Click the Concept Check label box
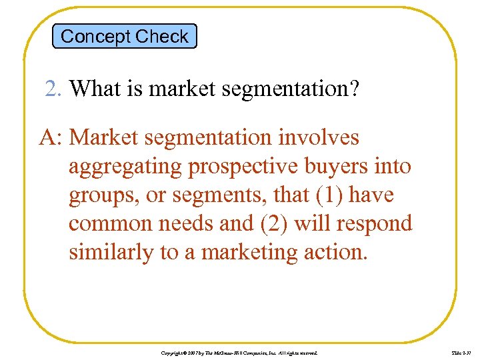(125, 36)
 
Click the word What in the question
(94, 88)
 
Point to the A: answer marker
(51, 137)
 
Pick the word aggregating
(126, 166)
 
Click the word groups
(100, 195)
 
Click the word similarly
(111, 253)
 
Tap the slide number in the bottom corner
(443, 351)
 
